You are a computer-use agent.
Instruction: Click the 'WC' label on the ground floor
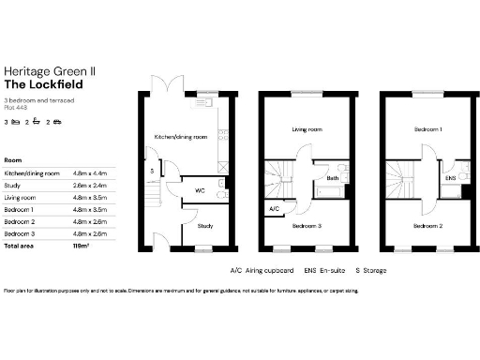[x=200, y=190]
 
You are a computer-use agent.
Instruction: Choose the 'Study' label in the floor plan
[x=204, y=225]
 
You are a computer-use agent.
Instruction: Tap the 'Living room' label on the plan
[x=307, y=130]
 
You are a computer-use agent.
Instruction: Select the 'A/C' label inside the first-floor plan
[x=274, y=208]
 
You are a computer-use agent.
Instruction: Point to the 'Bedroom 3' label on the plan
[x=307, y=226]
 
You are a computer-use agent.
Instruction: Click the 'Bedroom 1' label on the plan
[x=427, y=130]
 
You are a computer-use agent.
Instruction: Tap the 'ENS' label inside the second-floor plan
[x=450, y=176]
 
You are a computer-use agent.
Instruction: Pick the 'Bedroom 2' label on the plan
[x=427, y=226]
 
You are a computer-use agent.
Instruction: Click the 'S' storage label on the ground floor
[x=151, y=172]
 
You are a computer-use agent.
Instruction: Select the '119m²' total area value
[x=81, y=245]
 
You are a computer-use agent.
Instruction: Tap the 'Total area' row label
[x=20, y=245]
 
